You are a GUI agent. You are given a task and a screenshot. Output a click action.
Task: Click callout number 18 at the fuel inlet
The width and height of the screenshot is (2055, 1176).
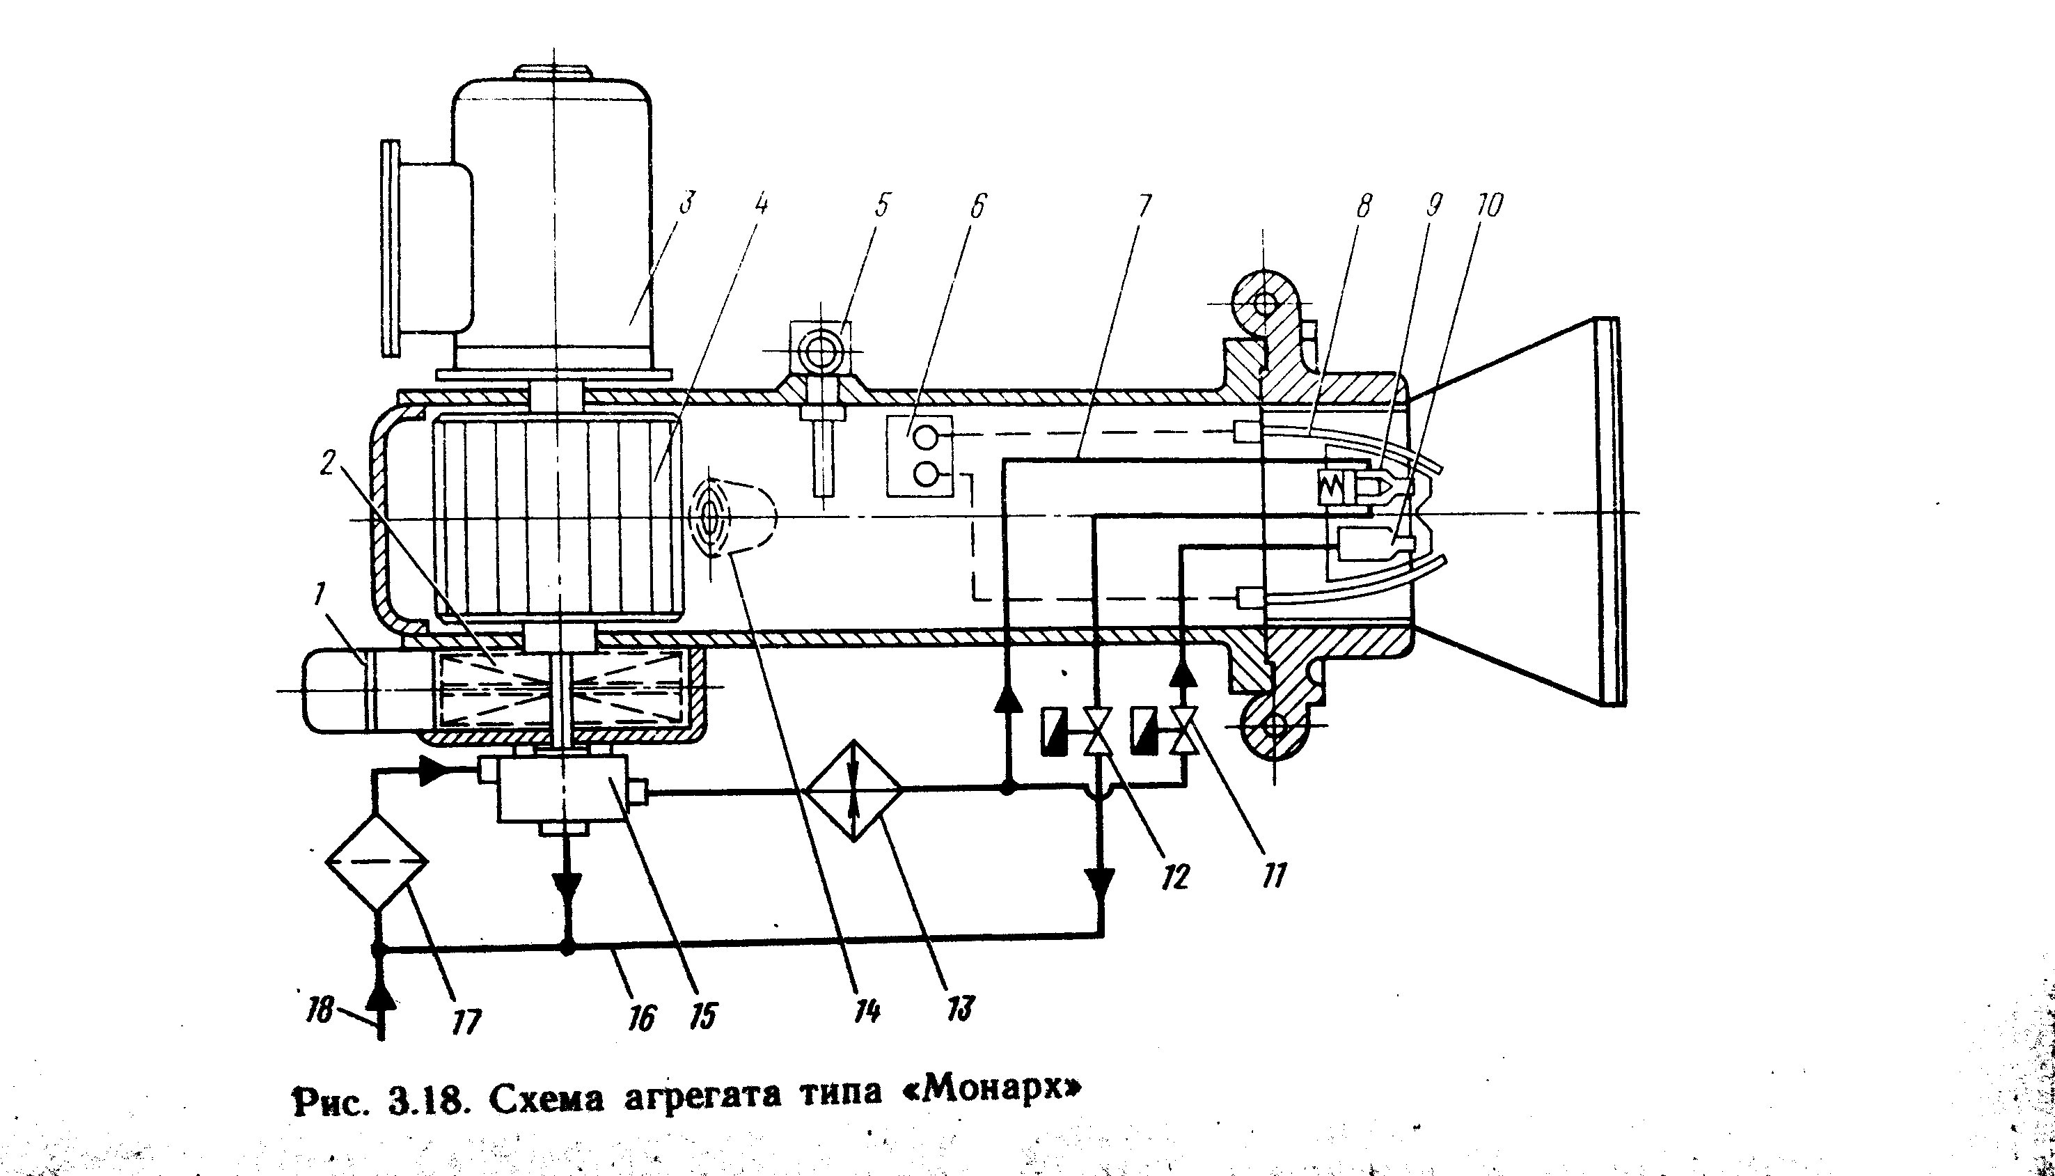tap(320, 1010)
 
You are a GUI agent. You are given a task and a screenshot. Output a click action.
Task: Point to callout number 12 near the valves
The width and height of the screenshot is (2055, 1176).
tap(1176, 877)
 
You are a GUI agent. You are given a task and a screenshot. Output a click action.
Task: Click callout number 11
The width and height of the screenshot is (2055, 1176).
tap(1273, 875)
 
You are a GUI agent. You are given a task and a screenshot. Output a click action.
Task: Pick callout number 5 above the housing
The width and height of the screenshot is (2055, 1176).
tap(882, 205)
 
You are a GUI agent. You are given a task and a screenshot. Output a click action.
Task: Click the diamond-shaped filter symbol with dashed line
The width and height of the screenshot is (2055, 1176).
tap(377, 862)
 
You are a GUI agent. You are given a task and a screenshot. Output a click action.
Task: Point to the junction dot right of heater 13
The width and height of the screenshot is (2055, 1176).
tap(1007, 788)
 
